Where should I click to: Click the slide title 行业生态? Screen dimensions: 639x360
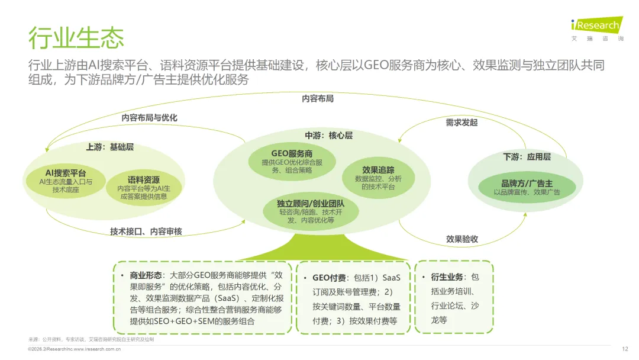76,37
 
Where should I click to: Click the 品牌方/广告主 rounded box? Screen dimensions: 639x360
527,187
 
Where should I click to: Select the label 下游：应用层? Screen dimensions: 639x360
527,157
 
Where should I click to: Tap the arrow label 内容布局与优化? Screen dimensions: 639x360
149,118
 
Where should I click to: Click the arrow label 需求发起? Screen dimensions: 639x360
461,123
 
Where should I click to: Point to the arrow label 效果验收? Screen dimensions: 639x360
462,239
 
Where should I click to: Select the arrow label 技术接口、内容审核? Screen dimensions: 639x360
146,232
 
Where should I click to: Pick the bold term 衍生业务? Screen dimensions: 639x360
447,277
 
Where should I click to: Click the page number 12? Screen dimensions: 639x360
625,349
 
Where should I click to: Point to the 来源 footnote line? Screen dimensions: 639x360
91,339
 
